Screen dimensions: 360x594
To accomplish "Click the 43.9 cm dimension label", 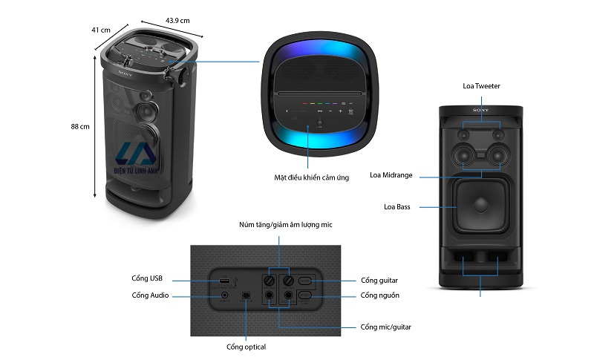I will [176, 20].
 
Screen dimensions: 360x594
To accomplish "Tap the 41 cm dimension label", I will [101, 30].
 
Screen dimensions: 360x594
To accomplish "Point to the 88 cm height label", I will [80, 126].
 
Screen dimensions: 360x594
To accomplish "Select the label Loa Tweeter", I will [481, 86].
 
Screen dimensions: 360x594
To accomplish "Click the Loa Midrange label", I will [391, 176].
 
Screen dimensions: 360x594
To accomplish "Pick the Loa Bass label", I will [397, 206].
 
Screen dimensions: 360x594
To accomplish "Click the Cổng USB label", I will [146, 278].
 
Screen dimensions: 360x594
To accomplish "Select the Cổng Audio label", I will [150, 295].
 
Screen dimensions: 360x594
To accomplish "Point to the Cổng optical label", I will [246, 347].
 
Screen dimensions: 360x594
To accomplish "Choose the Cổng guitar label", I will [379, 281].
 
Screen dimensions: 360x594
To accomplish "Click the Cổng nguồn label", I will [380, 295].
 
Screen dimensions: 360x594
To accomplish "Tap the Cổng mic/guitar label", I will [386, 327].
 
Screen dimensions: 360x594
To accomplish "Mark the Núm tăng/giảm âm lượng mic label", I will [280, 223].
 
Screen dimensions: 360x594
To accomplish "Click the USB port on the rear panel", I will [223, 281].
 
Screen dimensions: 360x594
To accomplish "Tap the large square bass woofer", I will [481, 207].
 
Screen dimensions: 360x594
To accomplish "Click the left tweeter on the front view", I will [464, 135].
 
